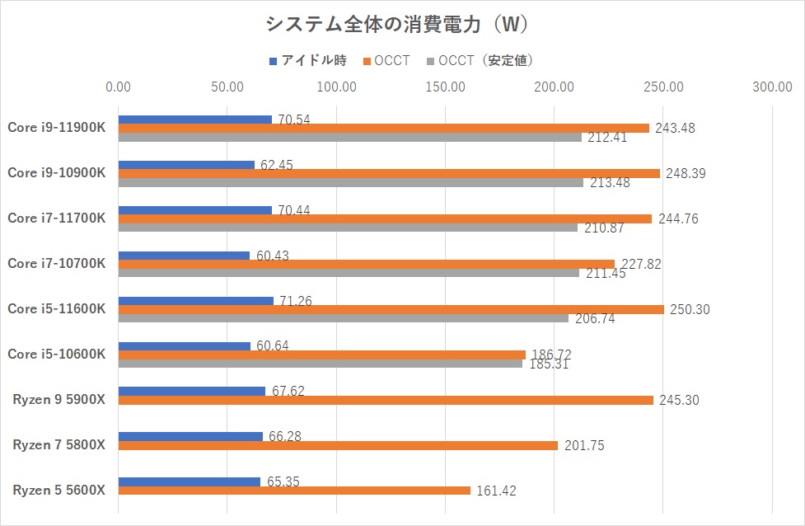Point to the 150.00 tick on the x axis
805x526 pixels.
(x=445, y=87)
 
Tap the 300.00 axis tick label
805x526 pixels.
(x=772, y=87)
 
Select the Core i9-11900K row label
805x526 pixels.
(x=57, y=127)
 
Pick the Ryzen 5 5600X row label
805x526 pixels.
(x=59, y=490)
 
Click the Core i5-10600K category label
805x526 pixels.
(x=57, y=354)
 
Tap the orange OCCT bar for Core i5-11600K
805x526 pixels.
(x=391, y=309)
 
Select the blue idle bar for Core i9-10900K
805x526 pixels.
(x=186, y=165)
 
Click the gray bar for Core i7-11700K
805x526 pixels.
(x=348, y=228)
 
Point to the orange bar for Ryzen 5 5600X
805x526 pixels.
(x=294, y=491)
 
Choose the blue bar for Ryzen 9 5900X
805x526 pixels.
(x=192, y=391)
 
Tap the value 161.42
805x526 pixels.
(x=498, y=491)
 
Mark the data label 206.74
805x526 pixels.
(x=594, y=319)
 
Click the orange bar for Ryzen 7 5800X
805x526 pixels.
(x=338, y=445)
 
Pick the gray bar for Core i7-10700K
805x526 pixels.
(x=349, y=273)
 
